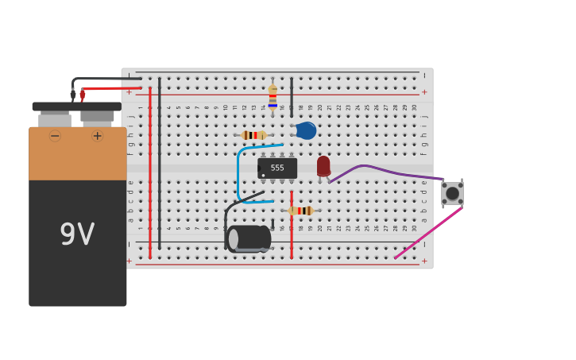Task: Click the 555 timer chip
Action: pos(277,168)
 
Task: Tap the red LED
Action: pos(323,165)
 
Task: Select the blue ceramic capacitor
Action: pos(306,130)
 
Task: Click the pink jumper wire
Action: pos(429,232)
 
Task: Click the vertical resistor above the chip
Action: pos(273,98)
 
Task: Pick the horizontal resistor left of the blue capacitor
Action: pos(253,135)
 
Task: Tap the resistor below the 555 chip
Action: pos(301,211)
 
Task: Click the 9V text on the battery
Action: pos(77,234)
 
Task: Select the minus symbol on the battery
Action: pos(55,136)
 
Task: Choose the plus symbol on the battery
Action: pos(97,136)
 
